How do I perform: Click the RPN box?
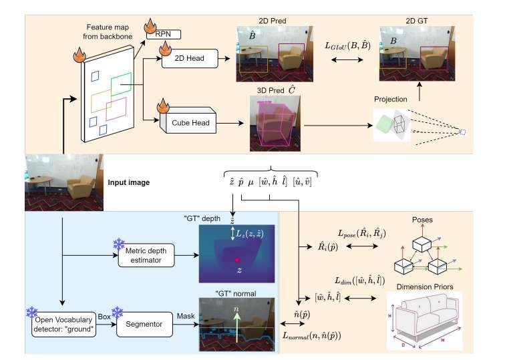[x=164, y=35]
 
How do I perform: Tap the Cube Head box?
[x=190, y=122]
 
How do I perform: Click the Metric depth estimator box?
[x=146, y=255]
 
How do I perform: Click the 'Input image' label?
[x=128, y=181]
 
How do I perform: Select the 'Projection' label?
[x=391, y=99]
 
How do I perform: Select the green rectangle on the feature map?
[x=121, y=85]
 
